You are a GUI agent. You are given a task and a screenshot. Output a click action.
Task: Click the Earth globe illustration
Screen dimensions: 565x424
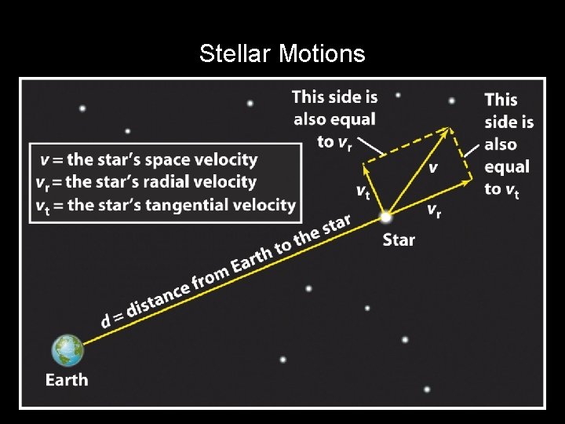click(x=67, y=350)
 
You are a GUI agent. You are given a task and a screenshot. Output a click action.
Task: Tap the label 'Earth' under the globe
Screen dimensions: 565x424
click(x=67, y=380)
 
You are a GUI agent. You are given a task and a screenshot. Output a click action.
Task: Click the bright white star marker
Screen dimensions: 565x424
click(x=385, y=215)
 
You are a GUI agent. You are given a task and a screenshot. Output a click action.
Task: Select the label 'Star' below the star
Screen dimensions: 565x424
click(x=399, y=239)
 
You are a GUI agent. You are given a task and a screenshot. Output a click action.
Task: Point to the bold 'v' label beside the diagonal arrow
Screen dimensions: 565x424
click(x=432, y=168)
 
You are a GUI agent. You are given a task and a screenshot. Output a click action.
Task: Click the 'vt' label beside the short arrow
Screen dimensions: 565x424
click(x=362, y=191)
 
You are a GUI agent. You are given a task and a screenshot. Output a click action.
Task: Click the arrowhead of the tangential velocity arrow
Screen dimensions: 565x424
click(x=366, y=166)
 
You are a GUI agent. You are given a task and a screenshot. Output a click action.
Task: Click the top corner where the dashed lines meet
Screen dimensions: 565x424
click(x=450, y=128)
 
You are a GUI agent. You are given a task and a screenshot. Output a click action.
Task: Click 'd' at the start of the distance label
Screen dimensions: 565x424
click(x=106, y=321)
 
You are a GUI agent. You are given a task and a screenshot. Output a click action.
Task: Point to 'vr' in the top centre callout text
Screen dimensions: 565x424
click(x=346, y=142)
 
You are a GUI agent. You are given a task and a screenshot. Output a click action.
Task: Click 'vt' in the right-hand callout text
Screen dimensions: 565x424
click(x=511, y=190)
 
